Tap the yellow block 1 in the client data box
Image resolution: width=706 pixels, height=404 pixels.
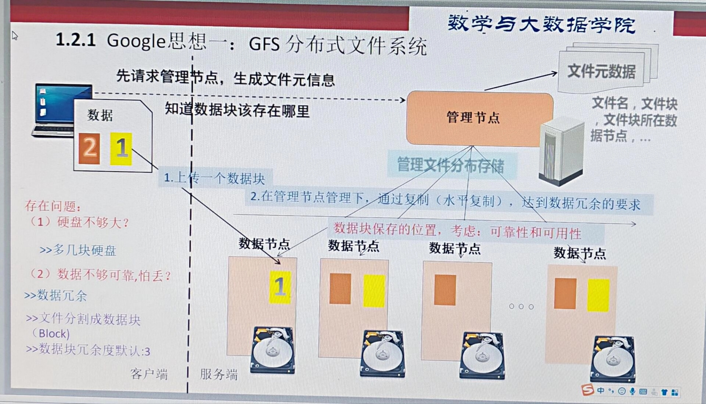pyautogui.click(x=121, y=149)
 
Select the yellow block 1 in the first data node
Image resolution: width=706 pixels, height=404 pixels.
pyautogui.click(x=280, y=287)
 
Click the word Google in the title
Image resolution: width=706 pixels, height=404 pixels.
pyautogui.click(x=136, y=41)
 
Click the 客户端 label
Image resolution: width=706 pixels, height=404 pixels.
pyautogui.click(x=149, y=374)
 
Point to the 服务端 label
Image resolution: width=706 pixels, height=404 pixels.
pyautogui.click(x=219, y=374)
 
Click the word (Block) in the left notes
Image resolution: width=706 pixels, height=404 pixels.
pyautogui.click(x=51, y=334)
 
